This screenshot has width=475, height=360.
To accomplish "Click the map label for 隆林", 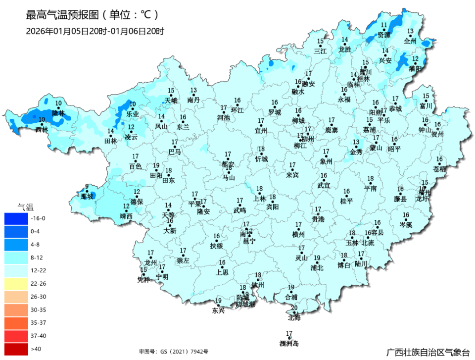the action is [59, 113].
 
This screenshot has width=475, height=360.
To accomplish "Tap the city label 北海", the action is [294, 317].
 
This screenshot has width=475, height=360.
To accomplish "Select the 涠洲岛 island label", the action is [289, 343].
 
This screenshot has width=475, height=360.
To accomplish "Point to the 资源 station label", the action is [384, 35].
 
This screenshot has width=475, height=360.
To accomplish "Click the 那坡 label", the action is [87, 197].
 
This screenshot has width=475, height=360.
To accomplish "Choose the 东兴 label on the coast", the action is [218, 311].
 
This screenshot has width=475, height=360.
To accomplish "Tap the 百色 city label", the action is [135, 166].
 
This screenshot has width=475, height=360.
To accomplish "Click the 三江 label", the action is [321, 51].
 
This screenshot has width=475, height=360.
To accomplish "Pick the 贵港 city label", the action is [318, 219].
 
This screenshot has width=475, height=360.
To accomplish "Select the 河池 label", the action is [224, 117].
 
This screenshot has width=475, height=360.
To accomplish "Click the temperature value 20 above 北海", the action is [294, 308].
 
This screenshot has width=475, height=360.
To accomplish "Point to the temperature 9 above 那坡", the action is [87, 187].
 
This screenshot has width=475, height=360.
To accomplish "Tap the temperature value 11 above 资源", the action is [384, 25].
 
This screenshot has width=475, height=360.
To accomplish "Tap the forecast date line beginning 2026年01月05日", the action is [95, 31].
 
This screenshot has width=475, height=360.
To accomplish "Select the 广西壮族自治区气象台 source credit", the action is [428, 352].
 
